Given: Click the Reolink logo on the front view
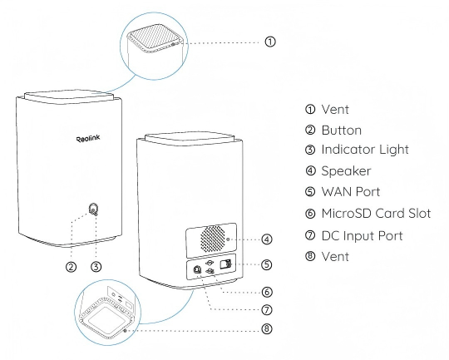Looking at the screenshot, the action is pos(88,139).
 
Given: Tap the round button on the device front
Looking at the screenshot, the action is pos(93,209).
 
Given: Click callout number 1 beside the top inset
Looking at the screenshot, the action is pos(270,42).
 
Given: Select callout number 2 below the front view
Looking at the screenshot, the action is pos(71,267).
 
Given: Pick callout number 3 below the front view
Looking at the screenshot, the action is pos(96,267).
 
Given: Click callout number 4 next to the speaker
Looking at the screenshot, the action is pos(267,239).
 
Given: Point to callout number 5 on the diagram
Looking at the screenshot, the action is pos(267,264).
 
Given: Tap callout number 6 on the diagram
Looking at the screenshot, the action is pos(267,292).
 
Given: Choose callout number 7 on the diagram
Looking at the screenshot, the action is pos(267,309).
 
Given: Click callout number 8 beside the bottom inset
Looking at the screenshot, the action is pos(267,328).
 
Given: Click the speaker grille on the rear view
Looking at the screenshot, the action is pos(213,239).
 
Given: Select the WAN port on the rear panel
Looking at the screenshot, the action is pos(225,264).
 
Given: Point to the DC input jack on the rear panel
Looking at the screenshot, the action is pos(197,269).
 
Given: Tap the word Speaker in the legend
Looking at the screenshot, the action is pos(346,171).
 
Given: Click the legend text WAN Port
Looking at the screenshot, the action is pos(351,192).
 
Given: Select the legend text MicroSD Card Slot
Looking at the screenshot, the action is pos(376,214).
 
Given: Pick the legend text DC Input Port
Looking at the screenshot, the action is pos(362,235).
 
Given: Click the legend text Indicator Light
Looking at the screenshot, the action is pos(365,150).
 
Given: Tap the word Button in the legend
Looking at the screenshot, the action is pos(342,131).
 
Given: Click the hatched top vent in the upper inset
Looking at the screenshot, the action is pos(155,37).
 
